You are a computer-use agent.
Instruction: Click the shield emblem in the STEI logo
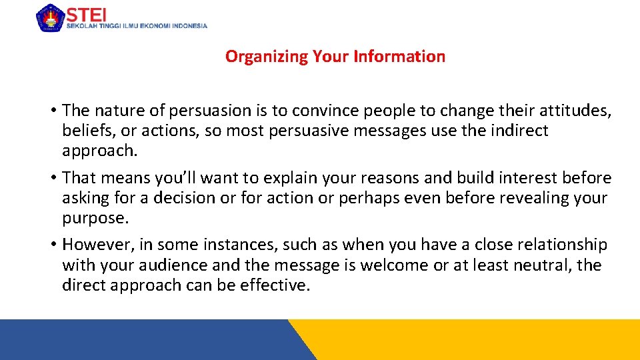pos(50,17)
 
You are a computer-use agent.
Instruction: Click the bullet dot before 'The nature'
pos(53,111)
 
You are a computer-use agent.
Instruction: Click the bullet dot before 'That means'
pos(53,178)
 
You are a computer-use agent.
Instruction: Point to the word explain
pos(289,178)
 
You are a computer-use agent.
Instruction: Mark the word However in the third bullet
pos(95,245)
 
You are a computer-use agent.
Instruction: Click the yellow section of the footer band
pos(480,340)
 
